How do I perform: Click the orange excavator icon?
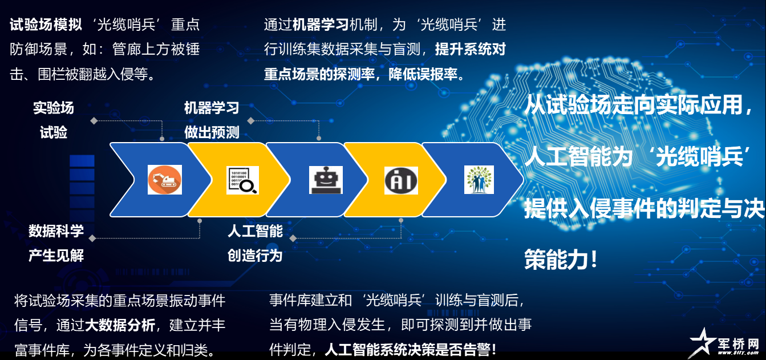click(x=164, y=180)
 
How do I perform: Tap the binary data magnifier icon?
click(x=242, y=180)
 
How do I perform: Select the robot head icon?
click(x=326, y=180)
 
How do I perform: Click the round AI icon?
click(x=401, y=180)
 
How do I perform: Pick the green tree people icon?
click(x=479, y=180)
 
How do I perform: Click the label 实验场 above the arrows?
click(x=54, y=108)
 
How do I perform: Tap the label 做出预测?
click(x=212, y=132)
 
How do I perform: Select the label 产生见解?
click(x=56, y=255)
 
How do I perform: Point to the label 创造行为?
click(x=255, y=255)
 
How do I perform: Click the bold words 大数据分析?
click(x=120, y=325)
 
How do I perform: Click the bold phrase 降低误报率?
click(x=423, y=74)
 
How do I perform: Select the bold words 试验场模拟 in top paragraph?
click(x=46, y=25)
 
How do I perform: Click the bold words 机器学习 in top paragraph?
click(x=321, y=25)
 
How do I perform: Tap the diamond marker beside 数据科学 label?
click(x=92, y=238)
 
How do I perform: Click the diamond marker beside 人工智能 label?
click(x=293, y=238)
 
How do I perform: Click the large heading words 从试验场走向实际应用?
click(x=633, y=104)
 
